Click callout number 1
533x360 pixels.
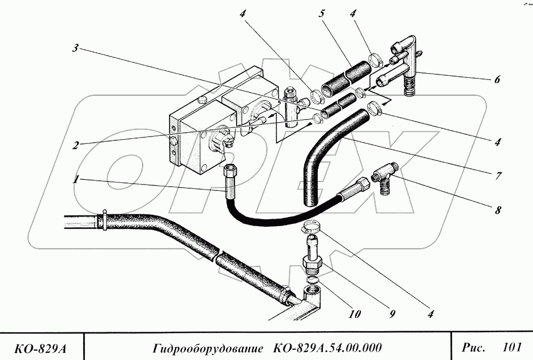tap(77, 180)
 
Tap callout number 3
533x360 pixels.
tap(76, 49)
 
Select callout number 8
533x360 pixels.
tap(498, 210)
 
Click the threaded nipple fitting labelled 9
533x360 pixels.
tap(312, 256)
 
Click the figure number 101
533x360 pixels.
tap(511, 348)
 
